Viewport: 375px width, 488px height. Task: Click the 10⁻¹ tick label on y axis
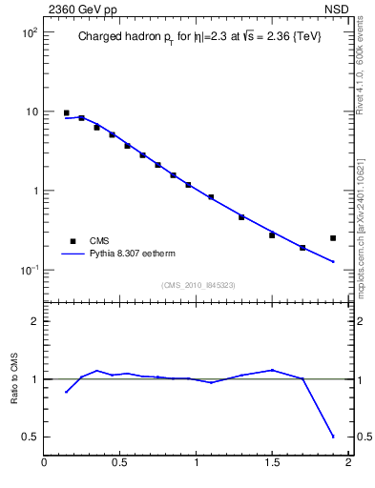(x=27, y=270)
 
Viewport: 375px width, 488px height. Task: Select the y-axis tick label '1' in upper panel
(x=34, y=191)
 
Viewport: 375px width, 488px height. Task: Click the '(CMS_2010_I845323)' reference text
(x=197, y=284)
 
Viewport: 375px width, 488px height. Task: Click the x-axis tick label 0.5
(x=120, y=464)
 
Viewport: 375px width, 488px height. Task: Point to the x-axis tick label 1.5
(x=272, y=464)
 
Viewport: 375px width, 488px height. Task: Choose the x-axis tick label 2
(x=348, y=464)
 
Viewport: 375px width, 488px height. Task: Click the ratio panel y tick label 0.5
(x=29, y=437)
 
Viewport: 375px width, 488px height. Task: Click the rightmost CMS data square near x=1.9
(x=333, y=238)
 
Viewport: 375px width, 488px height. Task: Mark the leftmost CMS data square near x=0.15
(x=66, y=112)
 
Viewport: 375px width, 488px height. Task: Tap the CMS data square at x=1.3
(x=241, y=217)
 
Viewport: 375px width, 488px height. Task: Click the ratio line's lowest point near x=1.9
(x=333, y=437)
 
